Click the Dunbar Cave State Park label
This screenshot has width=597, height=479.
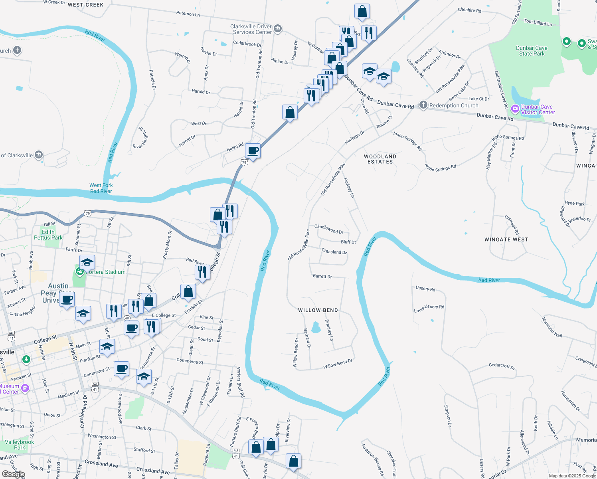click(x=532, y=51)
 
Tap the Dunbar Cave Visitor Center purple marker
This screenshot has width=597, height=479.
click(x=515, y=109)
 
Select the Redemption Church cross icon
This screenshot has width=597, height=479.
click(x=423, y=105)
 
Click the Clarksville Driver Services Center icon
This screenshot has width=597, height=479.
click(x=278, y=29)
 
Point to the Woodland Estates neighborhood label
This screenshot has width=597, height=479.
click(x=380, y=159)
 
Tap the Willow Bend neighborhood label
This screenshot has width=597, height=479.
click(x=318, y=310)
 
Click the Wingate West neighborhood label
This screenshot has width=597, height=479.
click(x=506, y=239)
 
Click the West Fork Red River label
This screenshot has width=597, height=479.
click(x=101, y=188)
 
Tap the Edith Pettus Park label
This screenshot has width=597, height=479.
click(x=48, y=235)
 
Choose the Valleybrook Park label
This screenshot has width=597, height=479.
click(x=19, y=445)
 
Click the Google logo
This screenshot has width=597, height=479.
click(x=14, y=474)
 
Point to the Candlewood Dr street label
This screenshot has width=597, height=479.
click(x=329, y=229)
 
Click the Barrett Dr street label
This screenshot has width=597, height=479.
click(x=322, y=276)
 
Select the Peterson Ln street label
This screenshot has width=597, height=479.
click(x=188, y=14)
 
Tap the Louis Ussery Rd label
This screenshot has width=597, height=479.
click(x=429, y=308)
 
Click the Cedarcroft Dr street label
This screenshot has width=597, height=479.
click(x=502, y=366)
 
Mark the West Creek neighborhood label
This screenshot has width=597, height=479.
click(x=85, y=5)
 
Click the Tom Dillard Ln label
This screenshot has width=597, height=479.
click(x=538, y=23)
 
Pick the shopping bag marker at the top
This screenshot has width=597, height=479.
click(x=362, y=12)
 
